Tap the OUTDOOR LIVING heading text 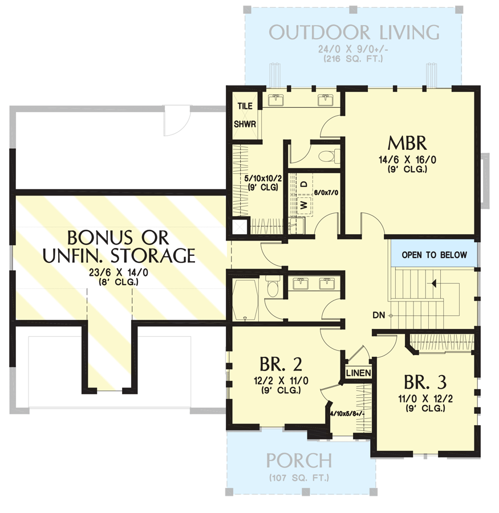click(x=354, y=32)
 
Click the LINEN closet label click(x=359, y=373)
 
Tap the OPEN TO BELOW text click(x=434, y=255)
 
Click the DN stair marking click(x=377, y=315)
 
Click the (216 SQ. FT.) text click(x=354, y=59)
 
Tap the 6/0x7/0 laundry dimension click(x=326, y=193)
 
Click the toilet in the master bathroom click(x=329, y=156)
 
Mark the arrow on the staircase click(x=435, y=283)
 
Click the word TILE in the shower click(x=244, y=106)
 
